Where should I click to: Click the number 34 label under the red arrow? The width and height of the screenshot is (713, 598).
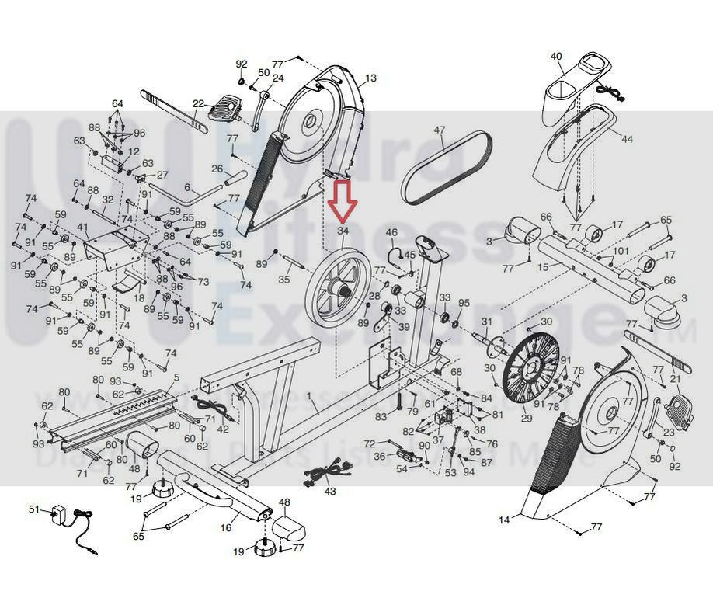343,231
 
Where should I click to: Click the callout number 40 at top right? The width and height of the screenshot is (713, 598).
556,56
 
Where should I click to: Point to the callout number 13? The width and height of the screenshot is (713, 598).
370,78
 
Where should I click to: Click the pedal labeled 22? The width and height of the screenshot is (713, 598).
231,103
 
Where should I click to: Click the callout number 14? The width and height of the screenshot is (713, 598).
505,520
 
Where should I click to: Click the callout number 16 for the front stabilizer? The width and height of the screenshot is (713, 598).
226,527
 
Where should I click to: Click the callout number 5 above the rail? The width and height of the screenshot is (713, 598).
176,377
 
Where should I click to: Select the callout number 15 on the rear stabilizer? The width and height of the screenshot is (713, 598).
544,266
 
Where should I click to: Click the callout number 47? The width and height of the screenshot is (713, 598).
440,130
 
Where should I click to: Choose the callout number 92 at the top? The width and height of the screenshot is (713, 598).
242,64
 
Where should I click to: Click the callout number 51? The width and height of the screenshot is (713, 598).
33,509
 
